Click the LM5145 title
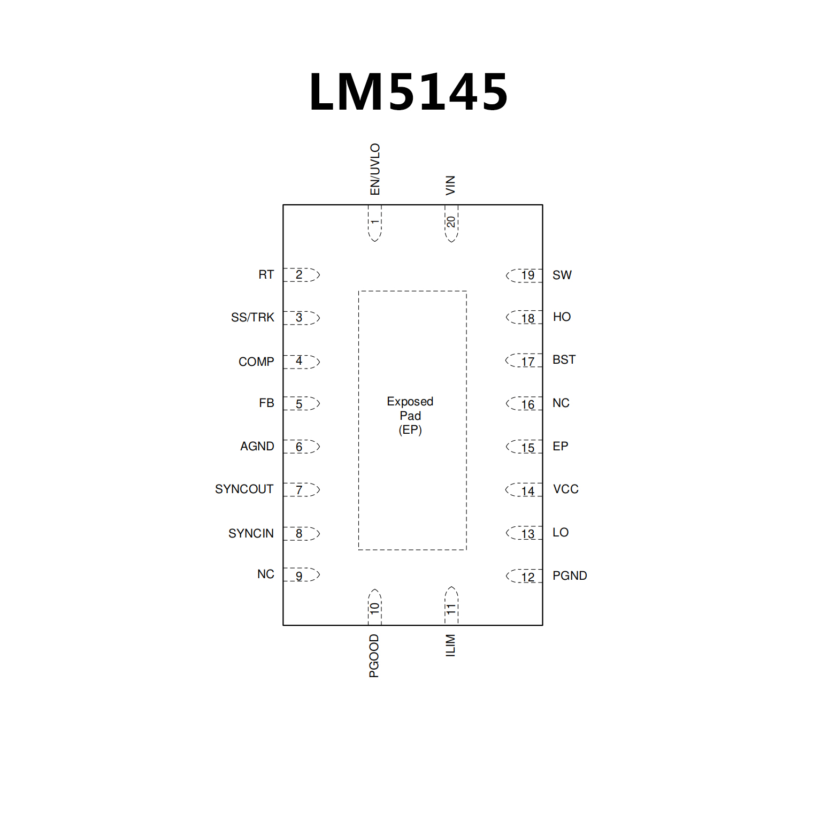tap(409, 92)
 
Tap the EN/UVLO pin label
tap(375, 169)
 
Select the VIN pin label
tap(450, 185)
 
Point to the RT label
tap(266, 275)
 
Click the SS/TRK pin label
tap(252, 318)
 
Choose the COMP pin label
tap(256, 362)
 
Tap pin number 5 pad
tap(301, 404)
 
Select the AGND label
tap(257, 446)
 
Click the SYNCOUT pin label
tap(244, 489)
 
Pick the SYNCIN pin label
tap(251, 533)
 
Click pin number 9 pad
tap(301, 576)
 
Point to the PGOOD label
tap(374, 656)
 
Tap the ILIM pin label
tap(450, 646)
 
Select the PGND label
tap(570, 576)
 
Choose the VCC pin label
tap(565, 489)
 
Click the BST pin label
tap(564, 359)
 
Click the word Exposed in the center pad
tap(410, 401)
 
